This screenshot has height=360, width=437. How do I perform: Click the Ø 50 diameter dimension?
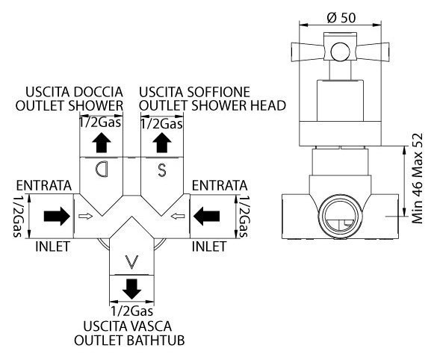pos(341,18)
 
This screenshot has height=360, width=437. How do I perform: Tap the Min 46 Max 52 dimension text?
pos(418,179)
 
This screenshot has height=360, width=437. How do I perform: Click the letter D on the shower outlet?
pos(101,169)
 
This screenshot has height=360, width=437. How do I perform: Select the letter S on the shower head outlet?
pos(162,170)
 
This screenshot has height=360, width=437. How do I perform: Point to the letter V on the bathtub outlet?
pos(131,262)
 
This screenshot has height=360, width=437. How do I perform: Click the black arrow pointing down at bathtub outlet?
pos(131,289)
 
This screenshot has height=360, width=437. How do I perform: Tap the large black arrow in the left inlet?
pos(57,216)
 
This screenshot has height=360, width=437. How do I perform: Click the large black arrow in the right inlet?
pos(206,216)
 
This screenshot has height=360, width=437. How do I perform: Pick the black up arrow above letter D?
pos(102,143)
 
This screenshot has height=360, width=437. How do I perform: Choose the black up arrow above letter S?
pos(162,143)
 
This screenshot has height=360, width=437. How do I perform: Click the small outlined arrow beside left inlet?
pos(86,216)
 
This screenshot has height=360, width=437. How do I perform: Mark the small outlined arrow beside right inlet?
pos(178,216)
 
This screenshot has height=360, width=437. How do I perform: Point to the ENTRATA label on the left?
pos(44,185)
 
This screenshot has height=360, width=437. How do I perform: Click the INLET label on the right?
pos(209,246)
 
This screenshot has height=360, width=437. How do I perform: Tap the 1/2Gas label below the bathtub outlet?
pos(131,311)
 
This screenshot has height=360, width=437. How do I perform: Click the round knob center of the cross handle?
pos(340,52)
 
